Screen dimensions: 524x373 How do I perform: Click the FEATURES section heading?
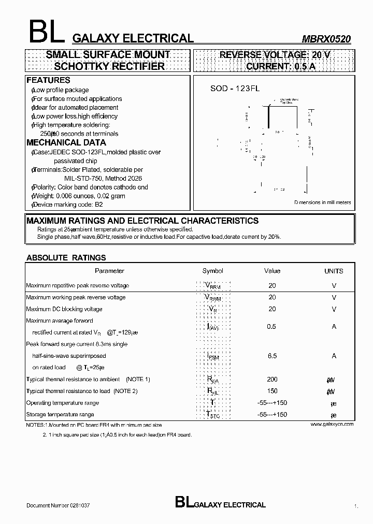[48, 80]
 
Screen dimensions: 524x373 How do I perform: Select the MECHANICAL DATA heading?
[66, 142]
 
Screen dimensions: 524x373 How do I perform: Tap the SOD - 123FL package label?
[235, 89]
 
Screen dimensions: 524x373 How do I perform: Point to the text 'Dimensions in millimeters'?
[322, 202]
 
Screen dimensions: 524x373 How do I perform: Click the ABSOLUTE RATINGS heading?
[66, 257]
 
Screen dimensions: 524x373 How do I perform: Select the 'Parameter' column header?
[109, 271]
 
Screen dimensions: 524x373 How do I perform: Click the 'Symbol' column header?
[212, 271]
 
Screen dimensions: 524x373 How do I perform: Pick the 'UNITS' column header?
[334, 271]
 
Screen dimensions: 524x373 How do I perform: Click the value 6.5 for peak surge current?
[272, 356]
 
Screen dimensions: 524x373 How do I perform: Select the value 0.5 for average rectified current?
[271, 327]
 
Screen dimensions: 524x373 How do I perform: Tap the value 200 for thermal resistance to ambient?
[272, 380]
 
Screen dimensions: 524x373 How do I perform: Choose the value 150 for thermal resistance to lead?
[272, 391]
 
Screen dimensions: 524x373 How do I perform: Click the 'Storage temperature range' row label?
[60, 414]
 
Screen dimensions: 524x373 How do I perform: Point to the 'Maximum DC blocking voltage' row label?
[64, 309]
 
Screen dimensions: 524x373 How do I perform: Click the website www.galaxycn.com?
[332, 424]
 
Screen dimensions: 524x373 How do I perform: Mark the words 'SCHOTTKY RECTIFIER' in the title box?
[109, 66]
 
